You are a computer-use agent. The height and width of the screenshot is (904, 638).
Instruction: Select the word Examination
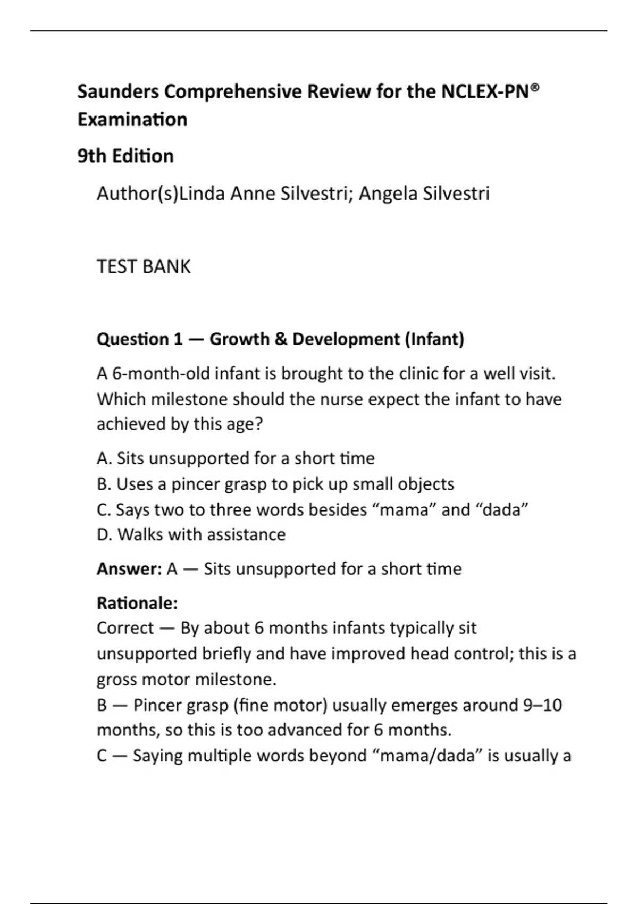[x=132, y=120]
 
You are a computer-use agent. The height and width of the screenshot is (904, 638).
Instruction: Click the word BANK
[x=166, y=266]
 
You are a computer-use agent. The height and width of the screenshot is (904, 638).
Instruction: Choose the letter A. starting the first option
[x=104, y=458]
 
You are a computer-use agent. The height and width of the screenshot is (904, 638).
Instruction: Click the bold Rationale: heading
[x=137, y=604]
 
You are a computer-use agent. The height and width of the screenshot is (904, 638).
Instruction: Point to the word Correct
[x=125, y=628]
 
